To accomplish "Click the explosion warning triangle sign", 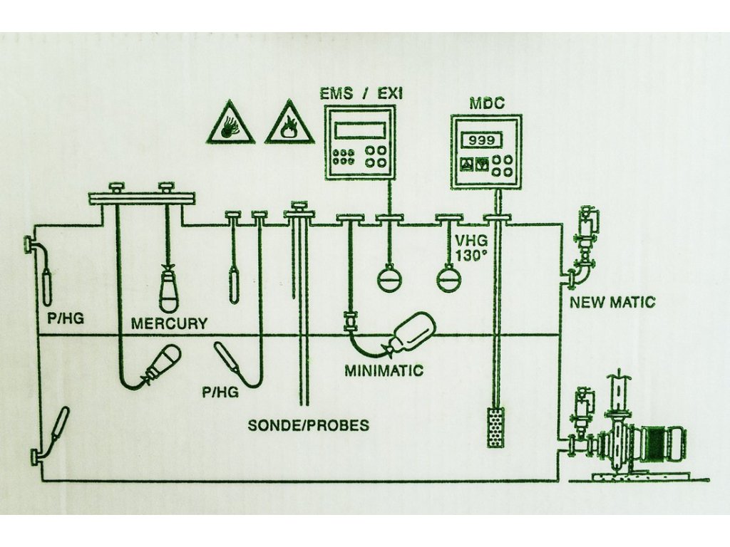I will pos(230,124).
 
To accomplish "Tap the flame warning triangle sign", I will pos(289,124).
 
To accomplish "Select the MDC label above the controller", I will pos(487,103).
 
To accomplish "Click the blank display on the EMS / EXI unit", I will pos(361,130).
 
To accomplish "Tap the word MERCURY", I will pos(169,323).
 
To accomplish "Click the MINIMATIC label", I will pos(384,370).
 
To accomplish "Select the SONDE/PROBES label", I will pos(308,426).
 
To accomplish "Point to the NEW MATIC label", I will pos(612,303).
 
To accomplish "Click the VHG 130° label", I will pos(471,250).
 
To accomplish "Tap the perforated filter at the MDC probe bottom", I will pos(495,427).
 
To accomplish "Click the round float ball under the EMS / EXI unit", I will pos(389,278).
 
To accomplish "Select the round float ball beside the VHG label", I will pos(449,278).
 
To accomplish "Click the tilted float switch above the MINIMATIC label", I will pos(413,333).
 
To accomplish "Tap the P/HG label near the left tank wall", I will pos(66,318).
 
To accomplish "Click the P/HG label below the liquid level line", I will pos(220,391).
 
